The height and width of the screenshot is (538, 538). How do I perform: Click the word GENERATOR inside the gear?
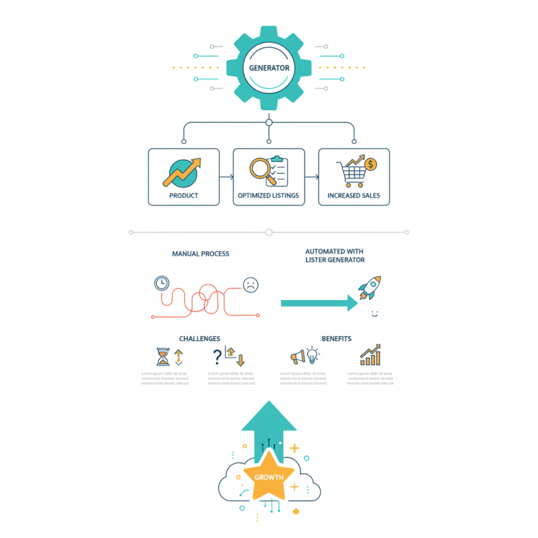269,68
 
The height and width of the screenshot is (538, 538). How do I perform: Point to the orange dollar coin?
371,163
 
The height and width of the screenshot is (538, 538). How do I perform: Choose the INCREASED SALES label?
354,196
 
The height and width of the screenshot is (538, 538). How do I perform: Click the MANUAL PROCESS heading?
200,254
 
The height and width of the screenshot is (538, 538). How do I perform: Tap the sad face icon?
250,284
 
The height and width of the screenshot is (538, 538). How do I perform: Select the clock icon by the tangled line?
161,283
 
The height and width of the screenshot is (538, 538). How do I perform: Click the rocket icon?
369,287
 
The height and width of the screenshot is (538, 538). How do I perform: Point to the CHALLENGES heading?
200,338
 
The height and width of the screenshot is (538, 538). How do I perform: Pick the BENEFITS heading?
336,338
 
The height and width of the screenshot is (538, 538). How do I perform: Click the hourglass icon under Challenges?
163,356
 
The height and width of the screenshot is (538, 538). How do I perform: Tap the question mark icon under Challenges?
217,356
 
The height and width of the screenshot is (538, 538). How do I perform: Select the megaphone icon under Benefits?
297,357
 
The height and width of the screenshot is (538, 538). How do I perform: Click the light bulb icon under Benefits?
313,355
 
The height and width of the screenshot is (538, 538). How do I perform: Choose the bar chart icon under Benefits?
370,355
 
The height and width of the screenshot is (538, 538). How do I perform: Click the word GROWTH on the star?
269,477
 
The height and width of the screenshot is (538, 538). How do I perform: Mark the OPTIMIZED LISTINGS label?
268,196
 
